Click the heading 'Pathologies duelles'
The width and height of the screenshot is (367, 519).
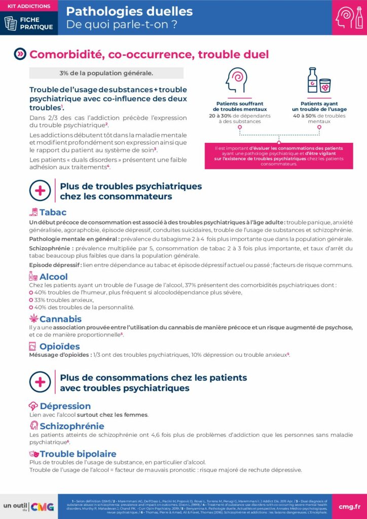(129, 11)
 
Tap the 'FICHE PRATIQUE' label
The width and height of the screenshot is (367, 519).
(35, 23)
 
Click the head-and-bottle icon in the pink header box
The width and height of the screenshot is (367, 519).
(349, 17)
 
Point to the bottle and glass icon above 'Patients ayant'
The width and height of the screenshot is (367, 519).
(319, 80)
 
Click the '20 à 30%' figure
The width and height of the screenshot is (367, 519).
(221, 115)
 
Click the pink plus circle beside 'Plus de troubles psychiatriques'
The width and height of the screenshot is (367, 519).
(40, 191)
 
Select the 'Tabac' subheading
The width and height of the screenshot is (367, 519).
(53, 212)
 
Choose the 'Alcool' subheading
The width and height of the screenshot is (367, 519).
(53, 277)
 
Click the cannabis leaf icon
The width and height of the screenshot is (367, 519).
(33, 318)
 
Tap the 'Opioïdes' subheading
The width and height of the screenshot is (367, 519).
(59, 347)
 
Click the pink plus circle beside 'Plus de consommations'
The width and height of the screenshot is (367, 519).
(40, 383)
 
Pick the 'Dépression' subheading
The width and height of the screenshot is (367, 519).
(65, 406)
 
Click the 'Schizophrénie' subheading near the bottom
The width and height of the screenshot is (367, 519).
(72, 426)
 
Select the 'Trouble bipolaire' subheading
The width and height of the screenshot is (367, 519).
(78, 454)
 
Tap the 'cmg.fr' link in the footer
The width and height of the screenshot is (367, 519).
(349, 506)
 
